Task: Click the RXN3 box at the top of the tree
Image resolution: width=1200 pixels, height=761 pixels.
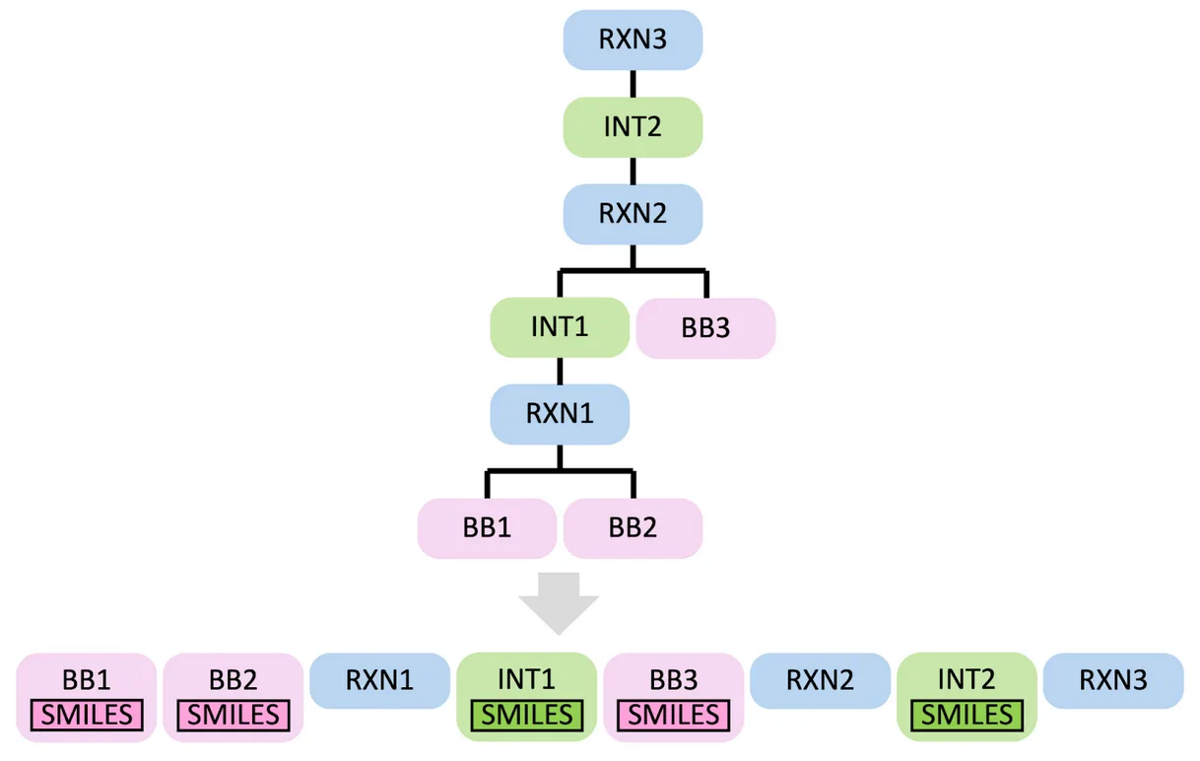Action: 632,39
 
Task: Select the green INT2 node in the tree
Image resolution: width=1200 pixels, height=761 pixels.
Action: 632,127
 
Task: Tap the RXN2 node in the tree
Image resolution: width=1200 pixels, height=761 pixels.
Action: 632,214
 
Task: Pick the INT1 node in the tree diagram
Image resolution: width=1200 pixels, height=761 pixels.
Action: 559,327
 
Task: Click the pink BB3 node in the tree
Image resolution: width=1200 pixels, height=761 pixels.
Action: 705,328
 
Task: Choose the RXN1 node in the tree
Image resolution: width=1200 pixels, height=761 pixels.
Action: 559,413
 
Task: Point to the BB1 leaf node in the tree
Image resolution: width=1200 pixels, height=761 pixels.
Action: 487,527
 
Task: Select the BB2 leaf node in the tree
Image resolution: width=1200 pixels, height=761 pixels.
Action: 633,527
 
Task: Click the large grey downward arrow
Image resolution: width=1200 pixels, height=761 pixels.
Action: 559,602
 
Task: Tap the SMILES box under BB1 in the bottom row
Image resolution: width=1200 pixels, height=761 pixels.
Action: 87,715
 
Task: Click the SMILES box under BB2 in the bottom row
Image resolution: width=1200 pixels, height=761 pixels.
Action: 233,715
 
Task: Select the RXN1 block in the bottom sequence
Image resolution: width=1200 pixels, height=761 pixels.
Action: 379,680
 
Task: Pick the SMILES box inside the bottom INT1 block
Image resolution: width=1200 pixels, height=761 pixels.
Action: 527,715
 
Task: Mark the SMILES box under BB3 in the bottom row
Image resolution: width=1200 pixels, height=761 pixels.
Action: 673,715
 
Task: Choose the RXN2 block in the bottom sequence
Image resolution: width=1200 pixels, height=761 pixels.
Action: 820,680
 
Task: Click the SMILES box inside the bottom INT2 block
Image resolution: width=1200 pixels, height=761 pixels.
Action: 967,715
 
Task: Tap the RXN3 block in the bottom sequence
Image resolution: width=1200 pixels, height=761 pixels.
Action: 1113,680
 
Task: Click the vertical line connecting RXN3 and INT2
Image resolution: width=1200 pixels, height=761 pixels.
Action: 632,84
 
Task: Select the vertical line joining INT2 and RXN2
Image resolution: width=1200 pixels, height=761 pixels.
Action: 632,171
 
